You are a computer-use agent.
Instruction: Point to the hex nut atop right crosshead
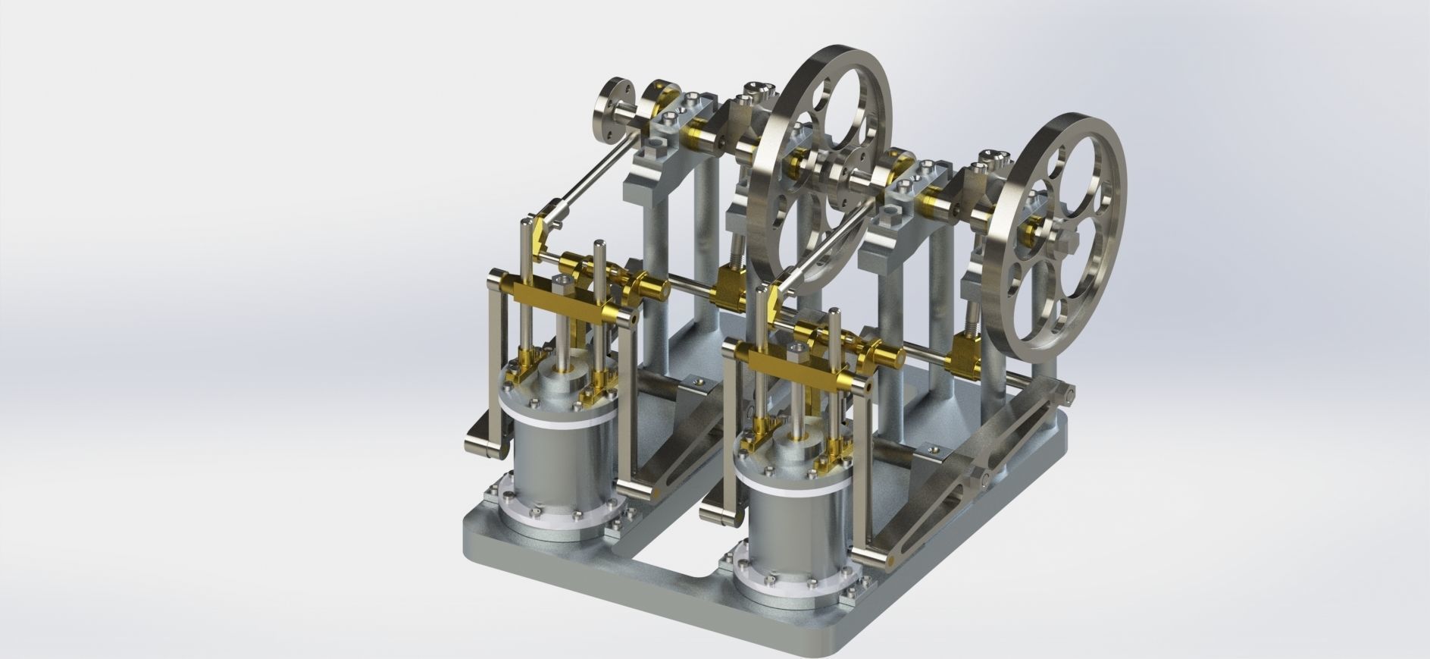tap(798, 347)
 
